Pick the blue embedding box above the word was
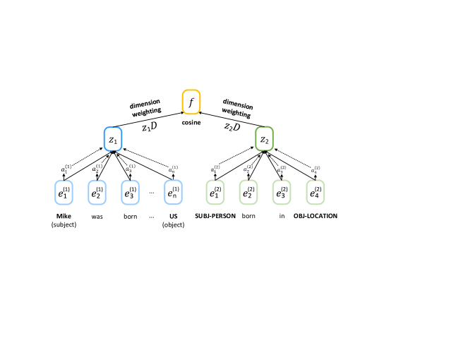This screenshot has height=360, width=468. pyautogui.click(x=97, y=191)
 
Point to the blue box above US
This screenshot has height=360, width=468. pyautogui.click(x=172, y=191)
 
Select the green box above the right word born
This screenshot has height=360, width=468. pyautogui.click(x=248, y=191)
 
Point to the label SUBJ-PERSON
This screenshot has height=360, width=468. pyautogui.click(x=218, y=216)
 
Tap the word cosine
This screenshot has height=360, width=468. pyautogui.click(x=191, y=123)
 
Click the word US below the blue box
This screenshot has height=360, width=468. pyautogui.click(x=172, y=216)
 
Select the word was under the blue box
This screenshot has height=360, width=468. pyautogui.click(x=97, y=216)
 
